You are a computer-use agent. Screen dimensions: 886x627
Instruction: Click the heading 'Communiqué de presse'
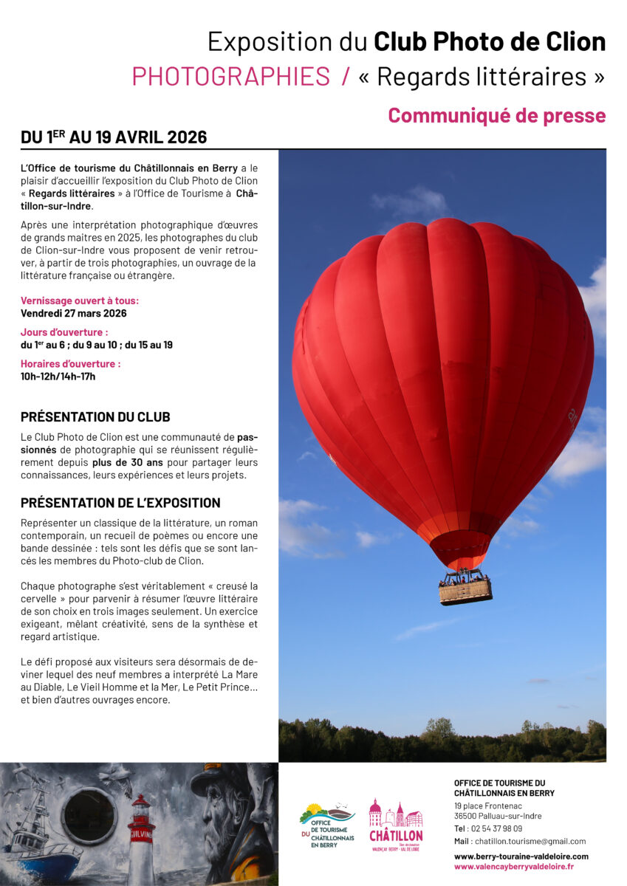496,116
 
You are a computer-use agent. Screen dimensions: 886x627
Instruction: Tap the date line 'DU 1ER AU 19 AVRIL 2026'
114,137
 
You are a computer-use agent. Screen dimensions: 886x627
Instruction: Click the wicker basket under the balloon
465,590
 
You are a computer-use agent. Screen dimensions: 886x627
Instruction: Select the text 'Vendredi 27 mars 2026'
73,313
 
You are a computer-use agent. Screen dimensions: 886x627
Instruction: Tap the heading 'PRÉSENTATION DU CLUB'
95,417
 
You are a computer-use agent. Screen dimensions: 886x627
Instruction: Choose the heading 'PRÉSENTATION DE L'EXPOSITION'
120,503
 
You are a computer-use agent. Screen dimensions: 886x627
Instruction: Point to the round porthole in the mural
89,815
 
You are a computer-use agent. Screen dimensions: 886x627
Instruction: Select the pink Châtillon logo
396,825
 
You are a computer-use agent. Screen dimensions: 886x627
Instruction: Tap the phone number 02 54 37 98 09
496,828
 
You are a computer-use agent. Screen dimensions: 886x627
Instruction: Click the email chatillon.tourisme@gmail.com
530,841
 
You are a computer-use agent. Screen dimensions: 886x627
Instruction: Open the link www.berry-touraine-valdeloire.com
521,856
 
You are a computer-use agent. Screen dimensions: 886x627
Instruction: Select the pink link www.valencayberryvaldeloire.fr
513,866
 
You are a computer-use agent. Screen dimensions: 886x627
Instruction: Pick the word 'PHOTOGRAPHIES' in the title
230,77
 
